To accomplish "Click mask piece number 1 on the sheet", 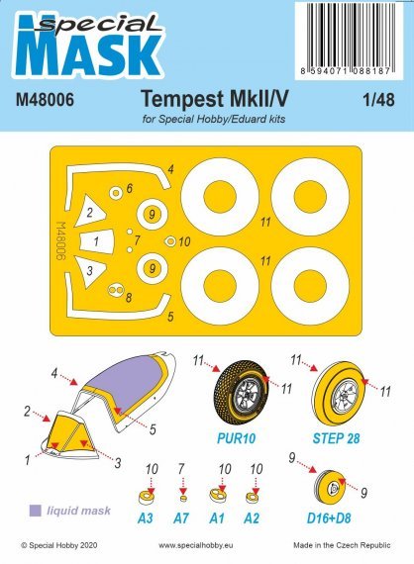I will (96, 240).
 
